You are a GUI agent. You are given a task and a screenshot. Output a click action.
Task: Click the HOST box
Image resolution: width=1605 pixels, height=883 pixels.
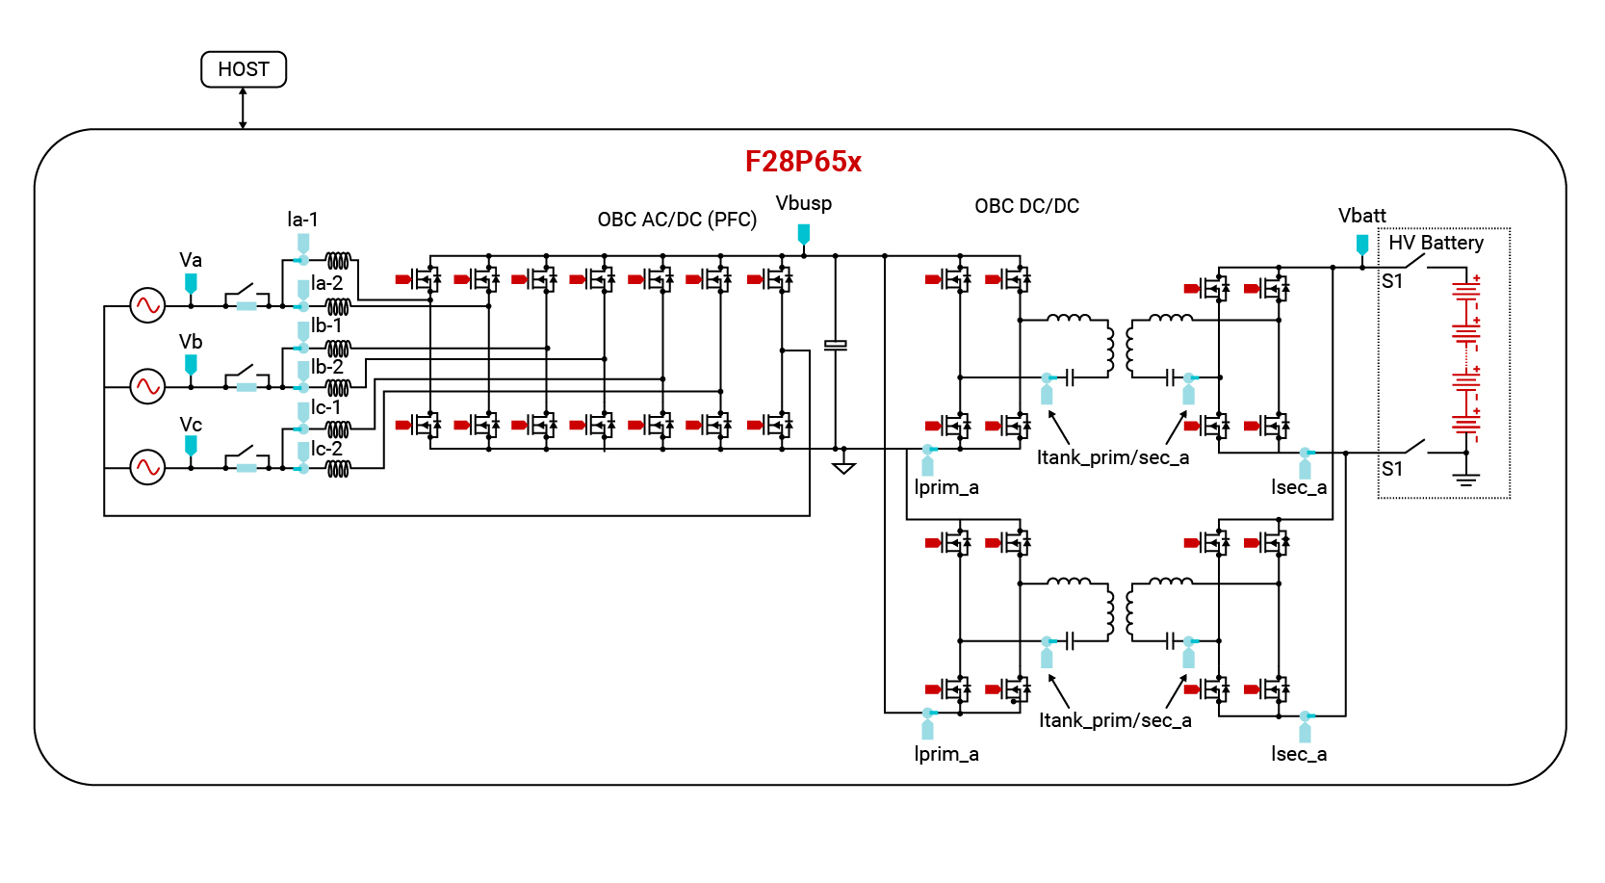click(244, 69)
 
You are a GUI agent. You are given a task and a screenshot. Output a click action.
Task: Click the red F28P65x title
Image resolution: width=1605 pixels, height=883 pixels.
click(803, 161)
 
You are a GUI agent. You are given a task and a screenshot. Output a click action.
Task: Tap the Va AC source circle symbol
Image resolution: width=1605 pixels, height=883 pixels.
click(147, 305)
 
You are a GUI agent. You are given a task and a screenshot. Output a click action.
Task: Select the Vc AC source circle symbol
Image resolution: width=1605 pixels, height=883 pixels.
click(147, 468)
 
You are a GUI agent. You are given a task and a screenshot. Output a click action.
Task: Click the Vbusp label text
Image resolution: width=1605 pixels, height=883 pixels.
click(803, 203)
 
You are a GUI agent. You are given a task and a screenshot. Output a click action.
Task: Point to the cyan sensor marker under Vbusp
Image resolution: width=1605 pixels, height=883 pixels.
click(803, 233)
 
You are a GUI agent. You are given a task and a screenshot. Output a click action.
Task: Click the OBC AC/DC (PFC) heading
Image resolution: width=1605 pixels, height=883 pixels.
click(677, 220)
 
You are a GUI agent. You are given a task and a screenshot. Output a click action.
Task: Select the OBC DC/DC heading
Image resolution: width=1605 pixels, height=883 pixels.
click(1026, 206)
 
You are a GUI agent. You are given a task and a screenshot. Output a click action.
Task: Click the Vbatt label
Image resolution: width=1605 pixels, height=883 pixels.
click(1361, 216)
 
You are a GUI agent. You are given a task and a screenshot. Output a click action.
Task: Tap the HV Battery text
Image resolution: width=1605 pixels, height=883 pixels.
click(1436, 243)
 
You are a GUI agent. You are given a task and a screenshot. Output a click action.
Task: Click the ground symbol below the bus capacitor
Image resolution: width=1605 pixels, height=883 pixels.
click(843, 468)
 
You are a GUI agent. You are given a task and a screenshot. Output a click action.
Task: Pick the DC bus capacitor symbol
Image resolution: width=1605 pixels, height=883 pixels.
click(836, 345)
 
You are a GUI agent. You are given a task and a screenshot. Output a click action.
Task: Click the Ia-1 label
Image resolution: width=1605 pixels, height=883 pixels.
click(302, 220)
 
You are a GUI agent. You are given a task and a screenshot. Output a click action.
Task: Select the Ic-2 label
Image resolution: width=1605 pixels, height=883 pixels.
click(326, 449)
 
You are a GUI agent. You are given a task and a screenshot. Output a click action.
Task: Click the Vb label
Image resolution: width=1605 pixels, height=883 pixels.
click(191, 342)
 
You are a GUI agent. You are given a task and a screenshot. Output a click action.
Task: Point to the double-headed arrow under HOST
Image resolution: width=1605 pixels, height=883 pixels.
click(243, 108)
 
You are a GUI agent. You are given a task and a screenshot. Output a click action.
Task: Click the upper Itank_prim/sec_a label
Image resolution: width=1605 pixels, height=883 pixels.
click(1112, 457)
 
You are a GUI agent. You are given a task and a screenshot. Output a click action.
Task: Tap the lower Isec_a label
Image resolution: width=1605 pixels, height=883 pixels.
click(1298, 754)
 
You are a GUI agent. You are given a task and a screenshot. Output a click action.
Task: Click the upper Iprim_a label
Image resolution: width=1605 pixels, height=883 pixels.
click(945, 487)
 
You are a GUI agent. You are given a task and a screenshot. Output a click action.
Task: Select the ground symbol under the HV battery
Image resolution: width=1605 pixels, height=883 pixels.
click(1465, 479)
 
